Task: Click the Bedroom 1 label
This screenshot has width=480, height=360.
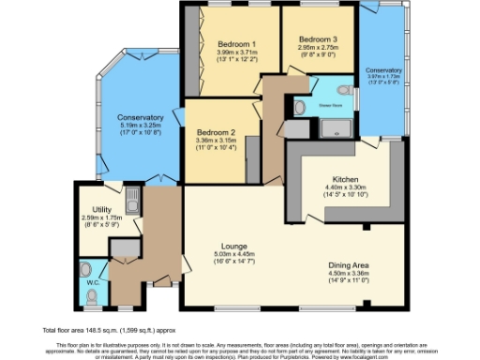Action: (x=237, y=44)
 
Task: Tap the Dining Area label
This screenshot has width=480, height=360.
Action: (x=347, y=265)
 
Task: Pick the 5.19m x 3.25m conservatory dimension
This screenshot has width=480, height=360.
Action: (x=142, y=126)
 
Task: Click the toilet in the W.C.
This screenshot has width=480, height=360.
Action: (x=92, y=297)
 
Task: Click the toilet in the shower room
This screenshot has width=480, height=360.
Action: (x=300, y=109)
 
